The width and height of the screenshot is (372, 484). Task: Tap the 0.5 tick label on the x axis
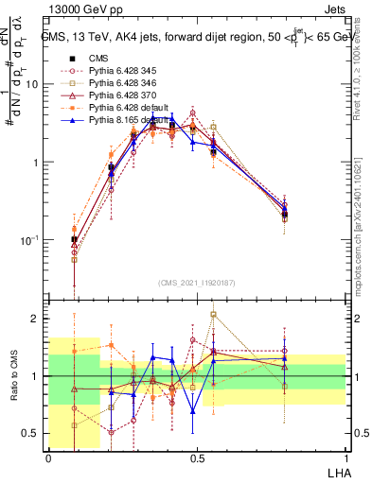pos(196,458)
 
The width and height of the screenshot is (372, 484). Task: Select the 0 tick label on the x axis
pos(48,458)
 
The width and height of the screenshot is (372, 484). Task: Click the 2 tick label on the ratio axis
pos(36,320)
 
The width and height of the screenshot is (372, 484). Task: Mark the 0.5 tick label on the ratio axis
pos(32,434)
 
